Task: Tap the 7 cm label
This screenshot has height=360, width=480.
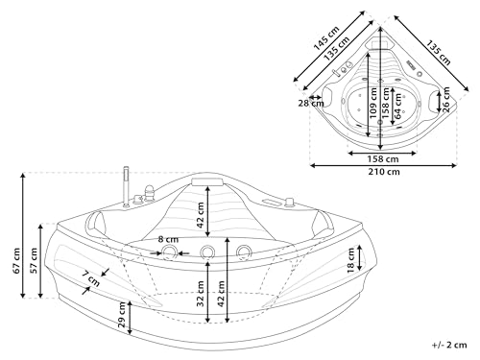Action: pyautogui.click(x=90, y=279)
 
